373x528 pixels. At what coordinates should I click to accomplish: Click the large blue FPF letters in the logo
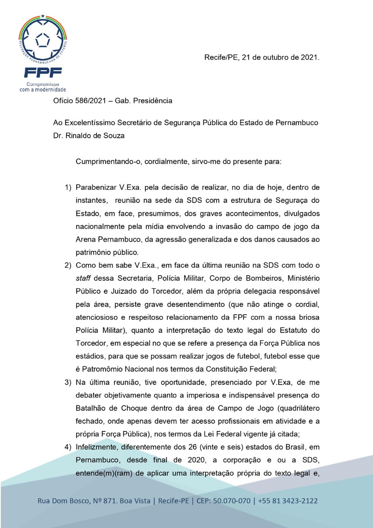[x=43, y=72]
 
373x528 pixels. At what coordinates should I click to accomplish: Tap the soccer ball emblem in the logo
[x=43, y=40]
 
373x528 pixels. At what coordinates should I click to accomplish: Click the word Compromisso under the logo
[x=43, y=84]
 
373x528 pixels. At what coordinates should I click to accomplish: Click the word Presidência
[x=153, y=101]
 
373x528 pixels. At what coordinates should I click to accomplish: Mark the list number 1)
[x=68, y=187]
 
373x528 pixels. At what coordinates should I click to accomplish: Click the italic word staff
[x=83, y=278]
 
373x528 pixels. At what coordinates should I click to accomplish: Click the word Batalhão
[x=92, y=408]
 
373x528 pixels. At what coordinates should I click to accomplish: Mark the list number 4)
[x=68, y=447]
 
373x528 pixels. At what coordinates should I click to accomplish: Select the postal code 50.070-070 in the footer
[x=232, y=501]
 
